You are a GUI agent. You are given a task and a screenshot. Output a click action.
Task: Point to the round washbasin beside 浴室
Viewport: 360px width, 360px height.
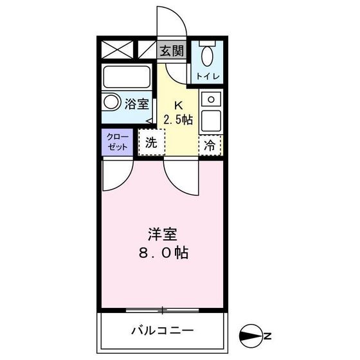pyautogui.click(x=112, y=102)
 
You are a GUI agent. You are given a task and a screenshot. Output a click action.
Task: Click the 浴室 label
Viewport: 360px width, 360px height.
pyautogui.click(x=138, y=102)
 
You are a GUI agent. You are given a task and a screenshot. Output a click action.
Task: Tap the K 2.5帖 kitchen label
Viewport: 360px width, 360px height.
pyautogui.click(x=177, y=113)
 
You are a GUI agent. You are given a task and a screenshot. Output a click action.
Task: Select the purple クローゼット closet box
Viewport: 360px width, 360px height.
pyautogui.click(x=117, y=142)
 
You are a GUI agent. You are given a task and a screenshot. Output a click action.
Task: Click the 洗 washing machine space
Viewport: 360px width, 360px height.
pyautogui.click(x=152, y=143)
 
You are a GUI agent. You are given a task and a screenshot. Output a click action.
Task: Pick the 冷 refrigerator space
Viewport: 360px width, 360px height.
pyautogui.click(x=210, y=145)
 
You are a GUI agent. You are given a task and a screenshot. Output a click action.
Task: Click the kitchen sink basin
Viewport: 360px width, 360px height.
pyautogui.click(x=211, y=120)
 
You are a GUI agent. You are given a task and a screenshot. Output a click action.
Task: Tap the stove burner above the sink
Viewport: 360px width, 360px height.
pyautogui.click(x=210, y=100)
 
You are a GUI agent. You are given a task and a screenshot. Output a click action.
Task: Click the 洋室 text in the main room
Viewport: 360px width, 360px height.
pyautogui.click(x=162, y=233)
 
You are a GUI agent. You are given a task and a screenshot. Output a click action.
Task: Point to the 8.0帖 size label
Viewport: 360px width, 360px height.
pyautogui.click(x=162, y=252)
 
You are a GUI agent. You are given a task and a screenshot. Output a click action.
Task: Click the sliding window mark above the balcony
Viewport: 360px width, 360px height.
pyautogui.click(x=163, y=311)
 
